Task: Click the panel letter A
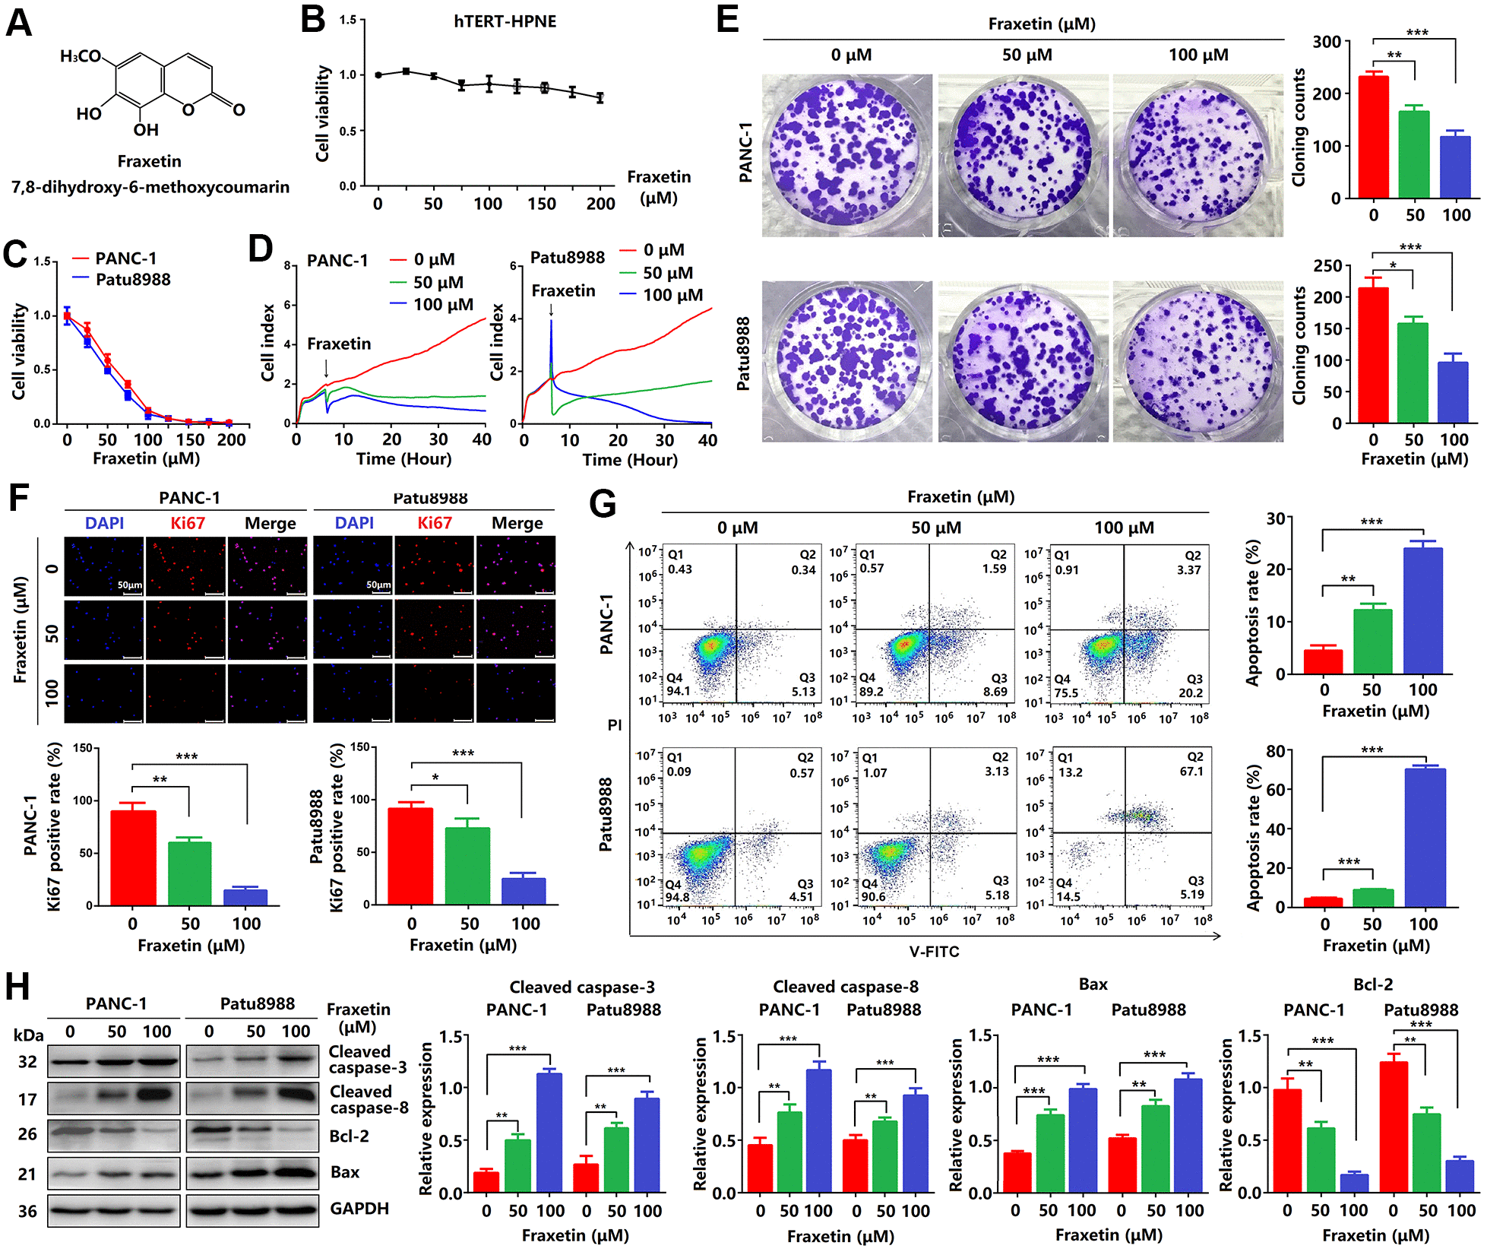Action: tap(19, 22)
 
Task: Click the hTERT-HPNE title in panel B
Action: tap(505, 21)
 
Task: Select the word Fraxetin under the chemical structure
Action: tap(150, 161)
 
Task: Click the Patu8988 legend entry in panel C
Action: tap(133, 280)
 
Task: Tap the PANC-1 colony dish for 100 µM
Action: tap(1198, 156)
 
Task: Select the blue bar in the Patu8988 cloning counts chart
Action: tap(1453, 392)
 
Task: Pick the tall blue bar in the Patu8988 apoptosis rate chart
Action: tap(1425, 837)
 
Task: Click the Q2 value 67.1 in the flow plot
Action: tap(1191, 771)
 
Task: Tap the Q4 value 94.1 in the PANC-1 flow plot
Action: tap(678, 691)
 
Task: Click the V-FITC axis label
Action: tap(934, 952)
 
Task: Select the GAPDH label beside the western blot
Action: tap(359, 1209)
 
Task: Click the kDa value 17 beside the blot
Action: tap(27, 1099)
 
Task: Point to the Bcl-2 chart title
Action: tap(1373, 984)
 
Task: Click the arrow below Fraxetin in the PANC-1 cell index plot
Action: tap(327, 368)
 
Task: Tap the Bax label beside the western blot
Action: tap(345, 1172)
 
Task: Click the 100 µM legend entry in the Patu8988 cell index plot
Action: tap(672, 295)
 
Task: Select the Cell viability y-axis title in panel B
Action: tap(323, 114)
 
